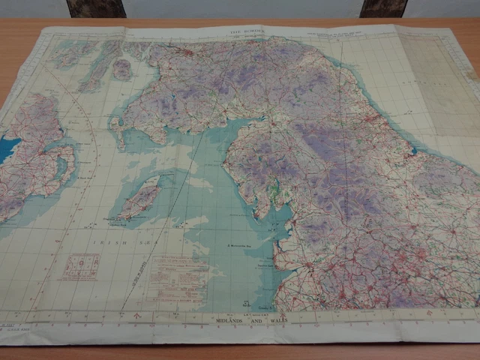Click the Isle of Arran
[x=122, y=69]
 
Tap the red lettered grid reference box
[x=81, y=266]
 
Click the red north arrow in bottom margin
[x=136, y=316]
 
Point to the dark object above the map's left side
[x=96, y=8]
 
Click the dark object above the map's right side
[x=382, y=8]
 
